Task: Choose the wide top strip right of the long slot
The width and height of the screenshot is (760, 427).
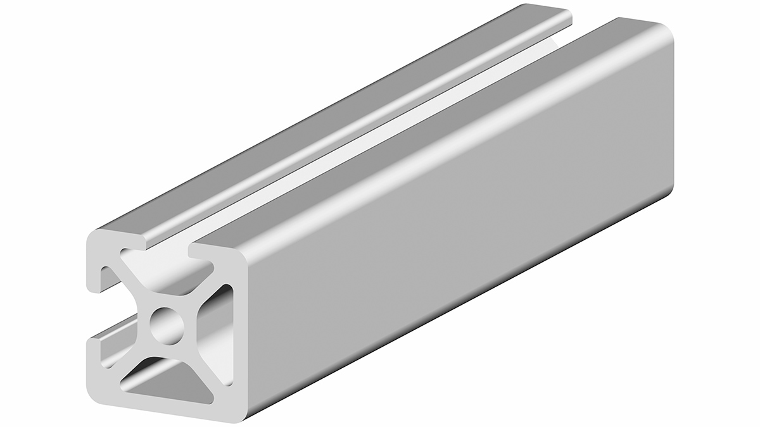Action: tap(412, 139)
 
